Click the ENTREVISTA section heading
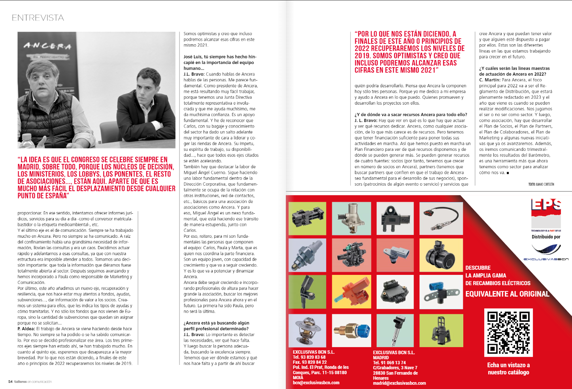coord(38,18)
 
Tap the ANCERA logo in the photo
coord(47,46)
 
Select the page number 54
coord(10,381)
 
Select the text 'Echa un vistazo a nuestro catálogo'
coord(508,368)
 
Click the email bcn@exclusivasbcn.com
coord(316,383)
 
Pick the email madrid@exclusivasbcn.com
coord(399,383)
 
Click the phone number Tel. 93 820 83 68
coord(309,357)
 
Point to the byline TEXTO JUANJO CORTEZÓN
coord(541,184)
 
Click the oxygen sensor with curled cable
coord(441,218)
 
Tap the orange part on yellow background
coord(351,291)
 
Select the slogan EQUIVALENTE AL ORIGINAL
coord(507,294)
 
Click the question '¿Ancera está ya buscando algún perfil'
coord(216,323)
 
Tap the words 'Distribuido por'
coord(546,237)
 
